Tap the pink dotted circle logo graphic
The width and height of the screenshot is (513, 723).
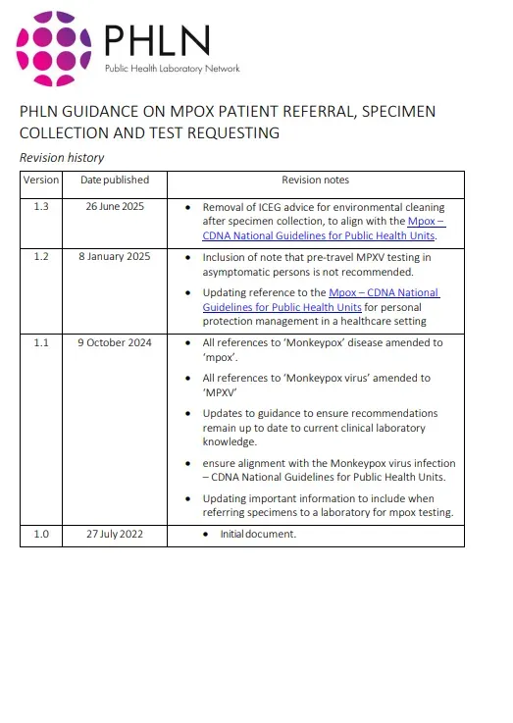pos(54,49)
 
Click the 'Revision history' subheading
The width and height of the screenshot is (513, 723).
pos(62,158)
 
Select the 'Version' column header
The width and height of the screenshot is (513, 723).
pos(41,181)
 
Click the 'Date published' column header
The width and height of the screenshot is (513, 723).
pos(115,181)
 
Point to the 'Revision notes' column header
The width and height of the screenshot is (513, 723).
pos(315,181)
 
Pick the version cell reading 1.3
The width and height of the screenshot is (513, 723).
pos(41,207)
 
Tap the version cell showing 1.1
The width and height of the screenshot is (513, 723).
pos(41,342)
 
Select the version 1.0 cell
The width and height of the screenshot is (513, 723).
pos(41,534)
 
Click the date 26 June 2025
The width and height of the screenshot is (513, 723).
pos(115,207)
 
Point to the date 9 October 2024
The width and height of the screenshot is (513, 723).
pos(115,342)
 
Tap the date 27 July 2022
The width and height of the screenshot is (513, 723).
pos(115,534)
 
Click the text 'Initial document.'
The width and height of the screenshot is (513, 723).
pos(258,535)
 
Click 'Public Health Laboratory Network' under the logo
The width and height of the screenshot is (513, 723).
pos(173,69)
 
